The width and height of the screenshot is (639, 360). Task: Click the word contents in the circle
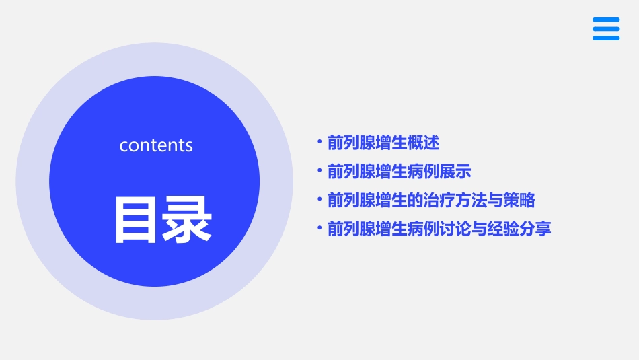pos(156,145)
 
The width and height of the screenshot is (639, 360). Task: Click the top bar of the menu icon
pos(606,20)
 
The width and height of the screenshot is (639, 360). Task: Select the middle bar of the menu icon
pos(606,29)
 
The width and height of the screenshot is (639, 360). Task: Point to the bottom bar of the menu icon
pos(606,38)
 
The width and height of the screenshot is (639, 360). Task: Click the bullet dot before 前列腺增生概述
pos(319,143)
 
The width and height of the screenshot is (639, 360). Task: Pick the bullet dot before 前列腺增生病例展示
pos(319,171)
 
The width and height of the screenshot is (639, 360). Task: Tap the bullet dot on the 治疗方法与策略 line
pos(319,200)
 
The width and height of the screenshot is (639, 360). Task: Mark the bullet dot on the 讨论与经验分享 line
pos(319,229)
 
